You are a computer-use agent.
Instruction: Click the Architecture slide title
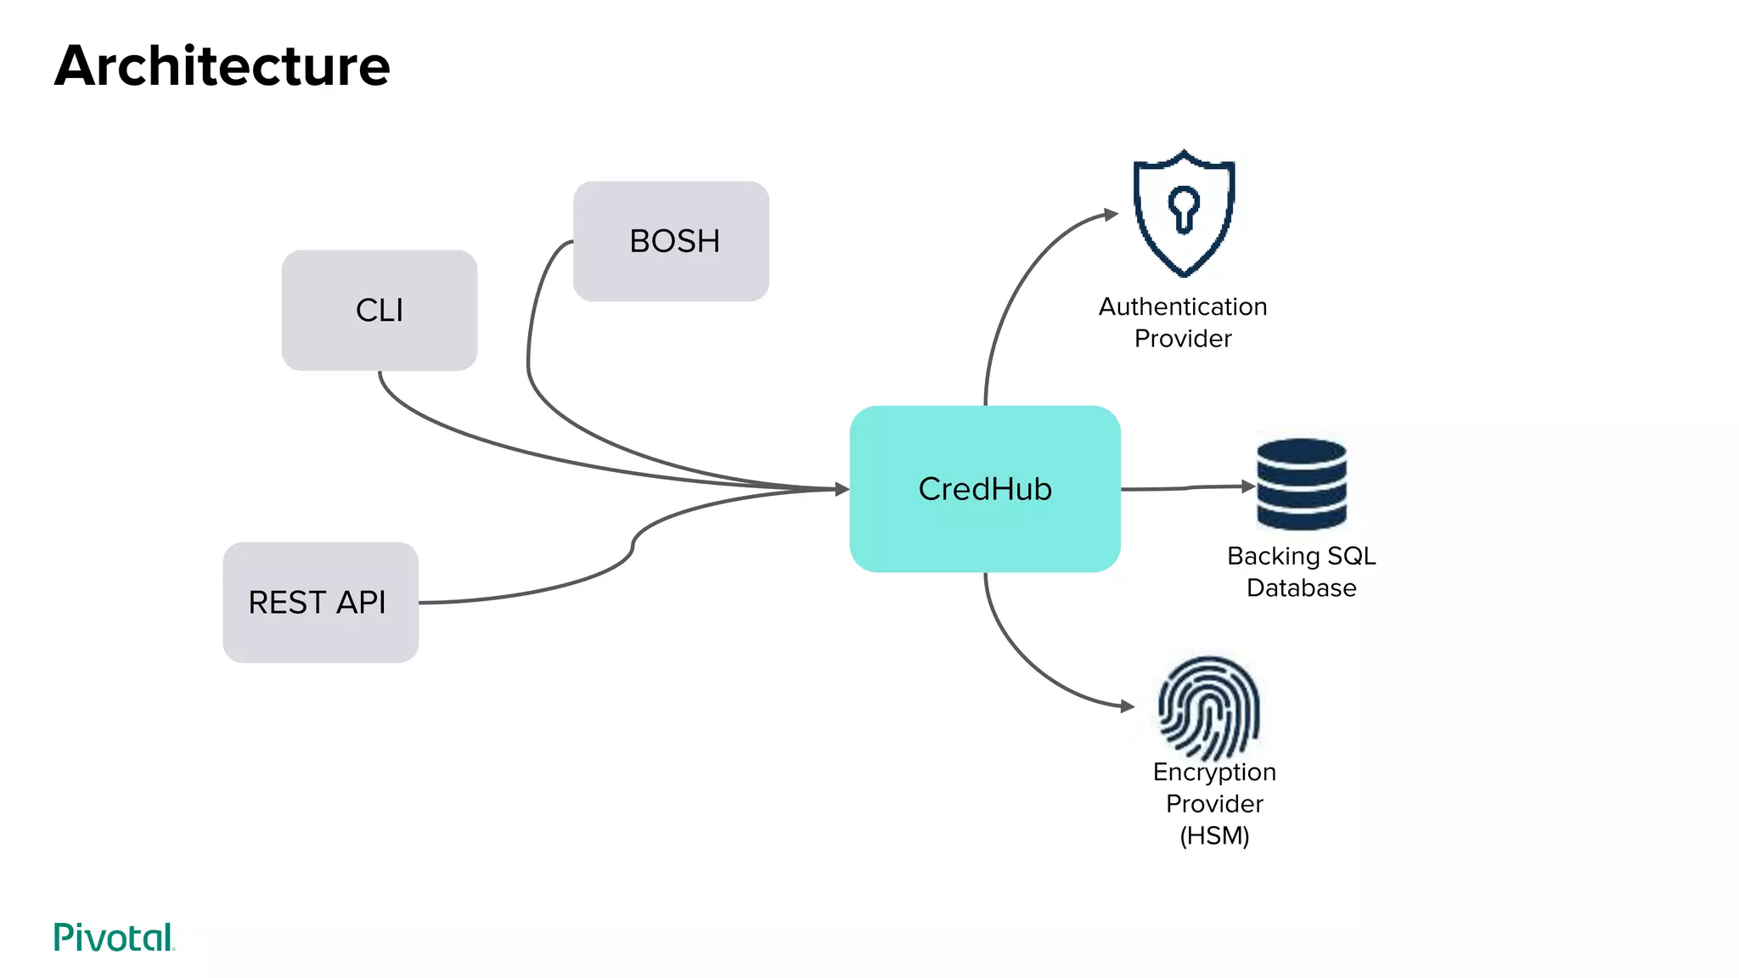point(222,66)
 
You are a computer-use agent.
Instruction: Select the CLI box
point(380,310)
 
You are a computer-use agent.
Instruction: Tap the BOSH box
point(672,241)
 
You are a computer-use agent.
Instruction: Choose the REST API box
point(320,602)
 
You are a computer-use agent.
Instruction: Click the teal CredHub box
point(985,489)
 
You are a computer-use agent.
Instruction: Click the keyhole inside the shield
point(1184,207)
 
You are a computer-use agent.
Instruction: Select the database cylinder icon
point(1302,484)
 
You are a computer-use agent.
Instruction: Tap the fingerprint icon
point(1209,708)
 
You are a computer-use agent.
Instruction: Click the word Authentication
point(1183,306)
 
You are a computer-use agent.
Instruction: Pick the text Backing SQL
point(1301,556)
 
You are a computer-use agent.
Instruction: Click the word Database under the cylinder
point(1301,587)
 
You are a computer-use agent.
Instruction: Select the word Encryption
point(1214,772)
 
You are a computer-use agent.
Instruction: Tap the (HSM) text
point(1214,835)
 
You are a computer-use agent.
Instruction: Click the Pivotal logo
point(114,937)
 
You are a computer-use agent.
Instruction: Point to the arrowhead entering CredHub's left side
point(841,489)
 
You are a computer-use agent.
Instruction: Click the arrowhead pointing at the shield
point(1111,214)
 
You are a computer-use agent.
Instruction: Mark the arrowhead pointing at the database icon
point(1248,486)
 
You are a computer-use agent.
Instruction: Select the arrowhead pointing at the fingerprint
point(1127,706)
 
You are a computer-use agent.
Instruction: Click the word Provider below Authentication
point(1183,339)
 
